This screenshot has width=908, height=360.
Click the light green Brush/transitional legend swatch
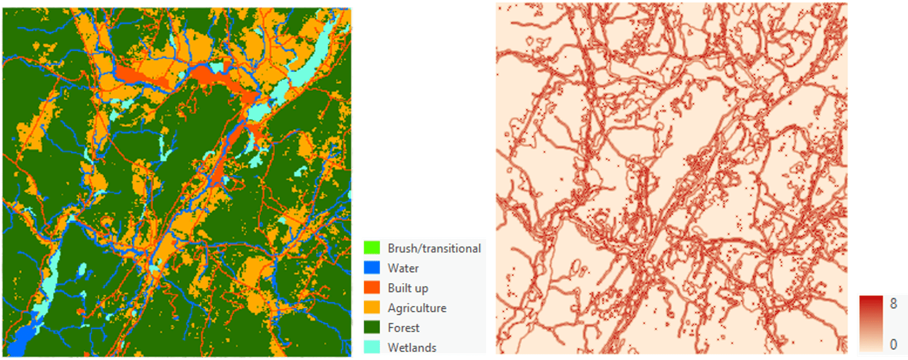[x=372, y=248]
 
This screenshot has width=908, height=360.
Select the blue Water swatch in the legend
[x=372, y=268]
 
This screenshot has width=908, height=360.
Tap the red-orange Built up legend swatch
[x=372, y=288]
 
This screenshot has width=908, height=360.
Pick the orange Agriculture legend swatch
[x=372, y=308]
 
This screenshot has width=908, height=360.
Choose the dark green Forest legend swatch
[x=372, y=328]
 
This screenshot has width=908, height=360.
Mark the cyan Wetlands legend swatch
[x=372, y=347]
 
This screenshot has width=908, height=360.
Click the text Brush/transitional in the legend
[x=434, y=249]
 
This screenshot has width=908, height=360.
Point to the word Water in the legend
[x=403, y=269]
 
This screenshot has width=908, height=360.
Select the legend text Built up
[x=408, y=288]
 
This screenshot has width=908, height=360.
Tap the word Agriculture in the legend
[x=417, y=308]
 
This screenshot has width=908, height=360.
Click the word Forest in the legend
[x=404, y=328]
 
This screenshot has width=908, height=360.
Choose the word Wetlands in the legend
[x=412, y=348]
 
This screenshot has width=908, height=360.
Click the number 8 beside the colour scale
[x=894, y=303]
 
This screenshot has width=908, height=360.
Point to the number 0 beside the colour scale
[x=894, y=344]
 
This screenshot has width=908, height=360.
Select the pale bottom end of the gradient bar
[x=871, y=348]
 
